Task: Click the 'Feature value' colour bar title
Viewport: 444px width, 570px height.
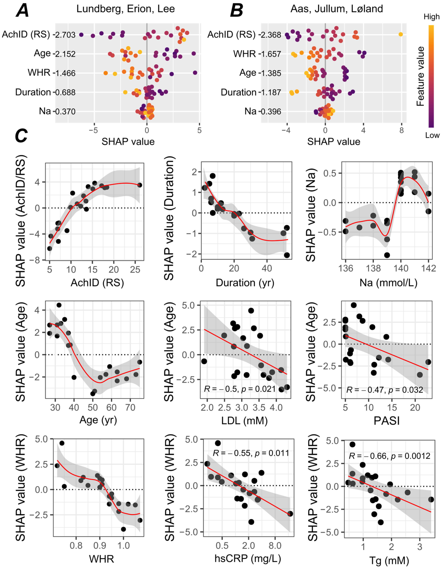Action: [x=420, y=76]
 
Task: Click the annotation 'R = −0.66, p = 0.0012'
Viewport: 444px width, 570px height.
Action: [x=389, y=456]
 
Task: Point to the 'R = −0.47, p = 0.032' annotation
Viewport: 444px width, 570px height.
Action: [x=384, y=390]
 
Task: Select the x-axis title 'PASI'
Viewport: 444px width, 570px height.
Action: [x=387, y=421]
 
